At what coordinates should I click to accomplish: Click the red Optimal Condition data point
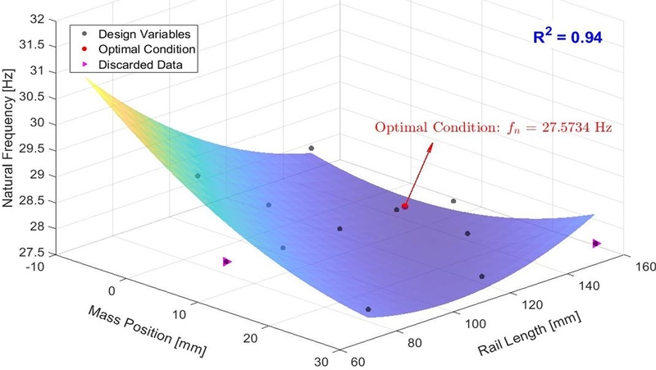[x=405, y=206]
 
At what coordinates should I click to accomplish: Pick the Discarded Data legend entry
[x=132, y=65]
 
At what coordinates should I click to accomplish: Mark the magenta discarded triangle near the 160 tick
[x=596, y=244]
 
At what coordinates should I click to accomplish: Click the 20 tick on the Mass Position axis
[x=253, y=338]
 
